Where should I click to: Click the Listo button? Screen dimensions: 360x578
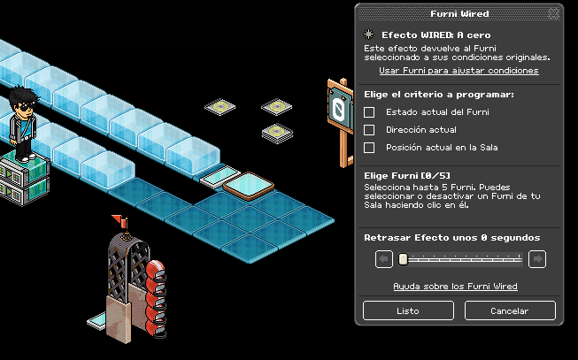click(x=408, y=310)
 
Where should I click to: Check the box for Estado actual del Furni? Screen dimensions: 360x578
click(x=370, y=112)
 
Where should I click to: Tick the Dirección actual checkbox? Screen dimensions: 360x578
click(x=370, y=130)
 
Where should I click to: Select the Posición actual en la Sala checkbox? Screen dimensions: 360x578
click(x=370, y=148)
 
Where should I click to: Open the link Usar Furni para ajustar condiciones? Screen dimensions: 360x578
click(x=459, y=70)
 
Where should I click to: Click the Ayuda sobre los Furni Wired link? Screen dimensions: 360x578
click(x=455, y=287)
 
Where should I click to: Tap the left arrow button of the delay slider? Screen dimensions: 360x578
click(x=384, y=259)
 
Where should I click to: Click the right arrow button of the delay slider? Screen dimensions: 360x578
click(x=537, y=259)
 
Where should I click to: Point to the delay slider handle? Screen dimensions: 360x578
click(x=403, y=259)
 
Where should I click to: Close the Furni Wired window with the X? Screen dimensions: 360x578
click(x=554, y=14)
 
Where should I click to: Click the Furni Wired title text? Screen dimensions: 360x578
click(x=459, y=14)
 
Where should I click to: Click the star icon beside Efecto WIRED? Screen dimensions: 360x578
click(x=369, y=34)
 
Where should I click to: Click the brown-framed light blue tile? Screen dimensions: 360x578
click(x=249, y=185)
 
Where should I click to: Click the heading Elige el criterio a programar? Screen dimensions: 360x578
click(x=439, y=94)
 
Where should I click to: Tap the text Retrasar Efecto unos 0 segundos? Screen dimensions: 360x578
click(x=451, y=237)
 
